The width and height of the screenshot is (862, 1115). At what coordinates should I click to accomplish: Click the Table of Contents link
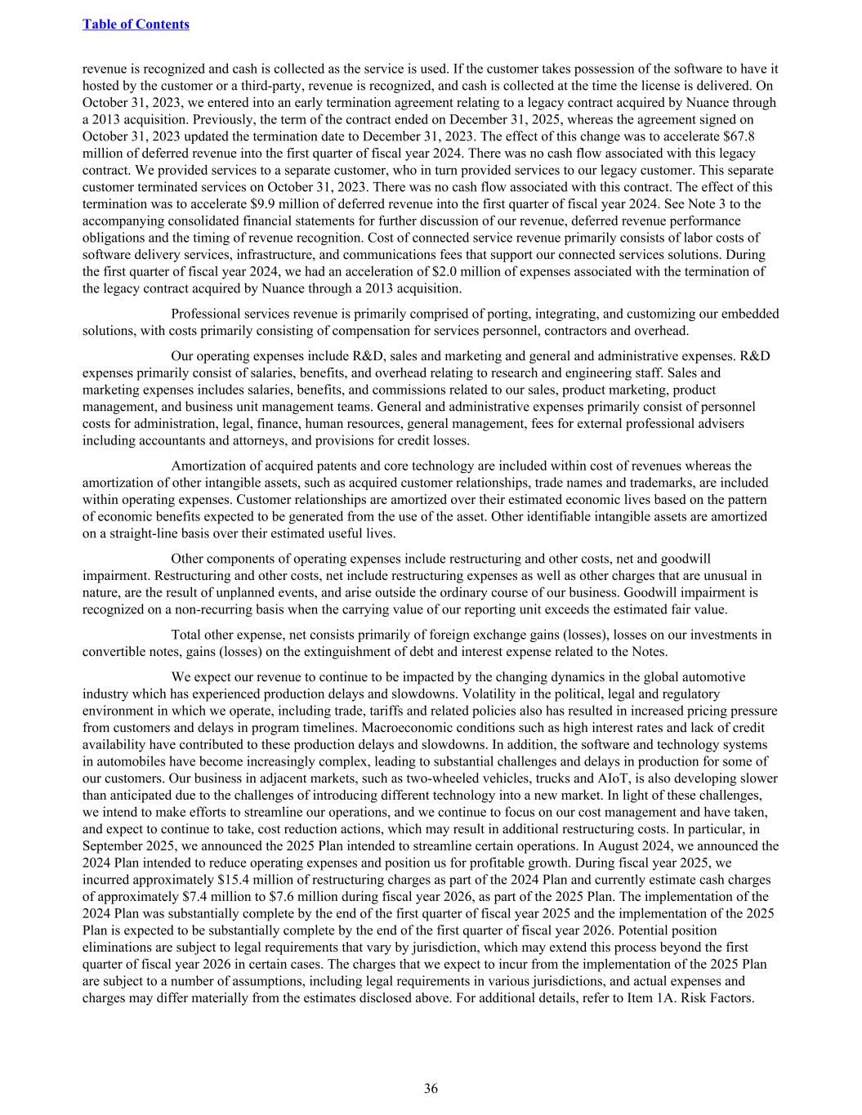tap(136, 25)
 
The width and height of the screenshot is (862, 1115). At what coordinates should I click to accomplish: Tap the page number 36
tap(431, 1088)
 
